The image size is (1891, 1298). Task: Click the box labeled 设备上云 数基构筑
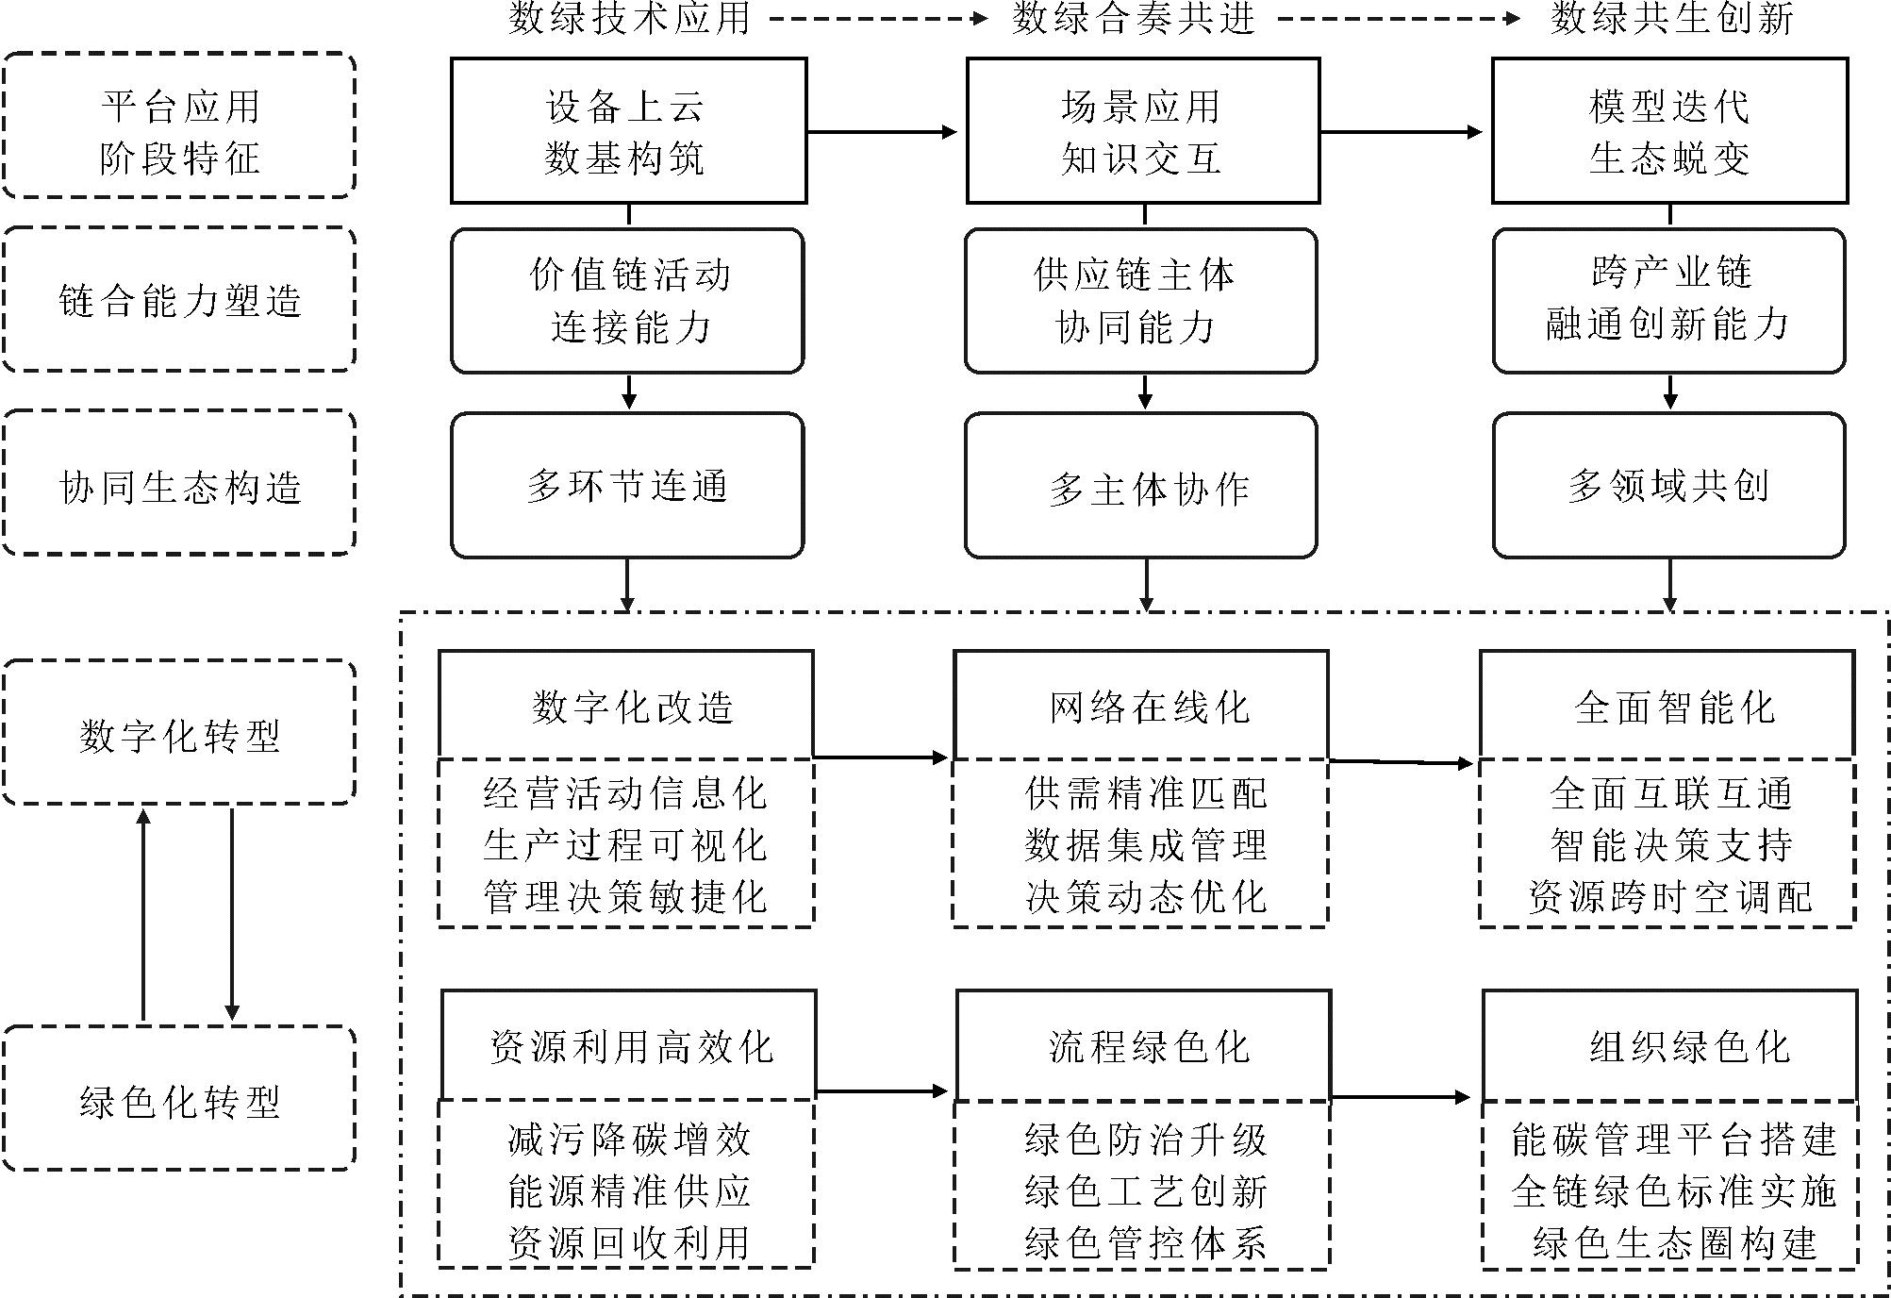point(628,130)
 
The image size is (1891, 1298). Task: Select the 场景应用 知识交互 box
point(1142,130)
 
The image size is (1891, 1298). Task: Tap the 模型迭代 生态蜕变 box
point(1668,130)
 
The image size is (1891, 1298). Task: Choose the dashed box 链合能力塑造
point(179,299)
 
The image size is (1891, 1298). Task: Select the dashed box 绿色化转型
point(179,1099)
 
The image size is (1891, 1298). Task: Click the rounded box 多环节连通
point(627,485)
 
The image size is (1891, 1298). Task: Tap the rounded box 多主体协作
point(1140,487)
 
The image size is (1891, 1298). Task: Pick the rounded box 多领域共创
point(1668,485)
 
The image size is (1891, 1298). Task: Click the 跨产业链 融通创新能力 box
point(1668,299)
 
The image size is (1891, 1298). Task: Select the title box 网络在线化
point(1140,705)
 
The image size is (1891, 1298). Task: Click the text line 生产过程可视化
point(625,844)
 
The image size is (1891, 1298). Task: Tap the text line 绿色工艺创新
point(1145,1191)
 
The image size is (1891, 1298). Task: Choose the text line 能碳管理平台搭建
point(1673,1140)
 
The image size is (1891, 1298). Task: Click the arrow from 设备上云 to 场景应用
point(882,132)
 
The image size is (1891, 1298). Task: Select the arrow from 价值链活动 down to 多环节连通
point(629,391)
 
